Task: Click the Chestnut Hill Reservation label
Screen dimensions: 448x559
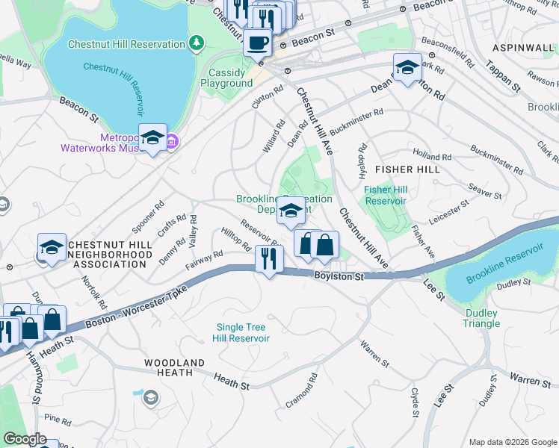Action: pos(126,44)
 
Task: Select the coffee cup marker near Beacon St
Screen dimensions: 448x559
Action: pos(258,43)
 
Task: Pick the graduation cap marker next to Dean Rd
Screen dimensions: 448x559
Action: pos(407,68)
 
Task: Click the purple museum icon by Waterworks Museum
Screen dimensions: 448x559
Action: pos(171,140)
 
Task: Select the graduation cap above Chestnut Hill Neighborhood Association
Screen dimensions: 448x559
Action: pos(52,247)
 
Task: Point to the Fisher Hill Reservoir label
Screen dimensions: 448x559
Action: pos(385,195)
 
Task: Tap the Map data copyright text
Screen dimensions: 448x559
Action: pos(511,442)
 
